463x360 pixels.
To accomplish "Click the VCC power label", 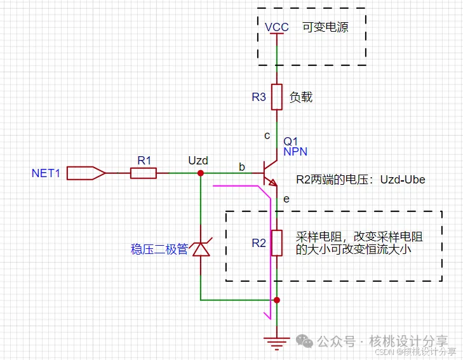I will point(276,27).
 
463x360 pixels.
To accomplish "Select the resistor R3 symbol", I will point(277,97).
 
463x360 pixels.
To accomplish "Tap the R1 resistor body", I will point(144,173).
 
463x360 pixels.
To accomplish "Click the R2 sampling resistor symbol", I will point(277,243).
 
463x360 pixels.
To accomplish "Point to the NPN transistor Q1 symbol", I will point(271,173).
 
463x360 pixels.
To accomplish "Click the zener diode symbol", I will point(201,248).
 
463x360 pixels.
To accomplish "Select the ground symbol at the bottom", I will point(277,343).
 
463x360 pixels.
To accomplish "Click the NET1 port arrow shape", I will point(86,173).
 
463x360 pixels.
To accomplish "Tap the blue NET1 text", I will point(46,173).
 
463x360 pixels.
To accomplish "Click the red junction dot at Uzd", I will point(201,173).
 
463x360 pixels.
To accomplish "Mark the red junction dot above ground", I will point(277,299).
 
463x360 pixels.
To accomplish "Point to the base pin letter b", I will point(241,166).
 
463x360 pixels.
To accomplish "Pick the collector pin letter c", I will point(267,135).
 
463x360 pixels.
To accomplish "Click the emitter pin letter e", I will point(286,199).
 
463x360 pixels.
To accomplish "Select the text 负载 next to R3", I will point(301,97).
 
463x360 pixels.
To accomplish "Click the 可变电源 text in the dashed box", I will point(325,27).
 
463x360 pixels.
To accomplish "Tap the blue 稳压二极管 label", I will point(159,250).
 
